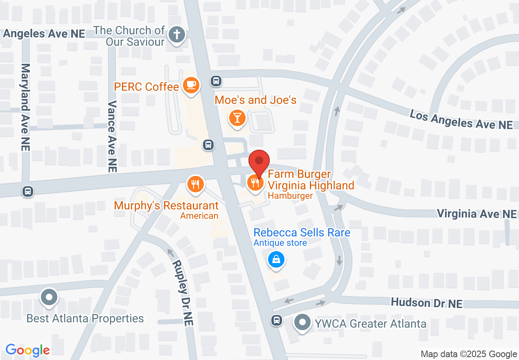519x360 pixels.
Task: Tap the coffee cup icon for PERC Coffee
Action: pos(191,85)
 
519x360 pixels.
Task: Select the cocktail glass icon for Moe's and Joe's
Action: pos(237,117)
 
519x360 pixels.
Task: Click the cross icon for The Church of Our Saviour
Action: pos(177,35)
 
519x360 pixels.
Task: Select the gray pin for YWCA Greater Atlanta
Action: pos(303,322)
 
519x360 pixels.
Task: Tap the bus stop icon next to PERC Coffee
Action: pos(216,81)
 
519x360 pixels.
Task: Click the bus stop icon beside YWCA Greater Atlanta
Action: pos(277,320)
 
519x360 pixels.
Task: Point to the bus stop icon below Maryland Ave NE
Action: pos(28,191)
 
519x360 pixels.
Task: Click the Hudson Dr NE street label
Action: pos(426,303)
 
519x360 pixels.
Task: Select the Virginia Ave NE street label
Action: pos(477,214)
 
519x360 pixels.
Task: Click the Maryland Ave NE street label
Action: pos(25,107)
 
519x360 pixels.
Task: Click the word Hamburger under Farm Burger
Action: pos(290,196)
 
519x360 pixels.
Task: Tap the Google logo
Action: pos(27,350)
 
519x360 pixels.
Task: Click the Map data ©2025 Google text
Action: pos(469,354)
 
